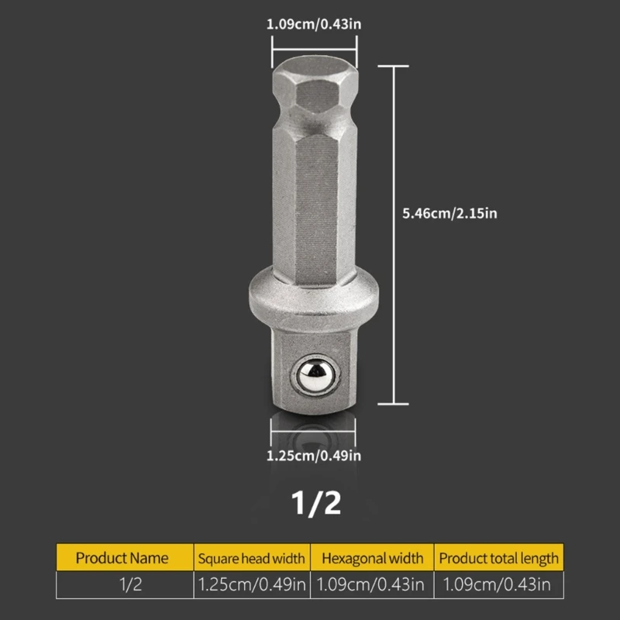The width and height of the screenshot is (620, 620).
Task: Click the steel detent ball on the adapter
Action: point(315,375)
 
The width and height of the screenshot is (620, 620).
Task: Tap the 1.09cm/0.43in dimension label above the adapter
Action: point(314,24)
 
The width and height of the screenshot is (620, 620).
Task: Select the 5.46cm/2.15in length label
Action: point(449,214)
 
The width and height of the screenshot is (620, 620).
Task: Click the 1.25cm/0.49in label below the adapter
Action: point(314,456)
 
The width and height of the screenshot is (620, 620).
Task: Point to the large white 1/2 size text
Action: point(316,503)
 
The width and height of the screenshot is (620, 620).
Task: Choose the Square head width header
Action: point(252,557)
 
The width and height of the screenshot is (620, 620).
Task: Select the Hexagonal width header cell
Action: point(372,557)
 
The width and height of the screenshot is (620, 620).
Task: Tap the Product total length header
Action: point(498,557)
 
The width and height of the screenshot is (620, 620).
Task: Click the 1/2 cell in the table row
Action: point(130,584)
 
